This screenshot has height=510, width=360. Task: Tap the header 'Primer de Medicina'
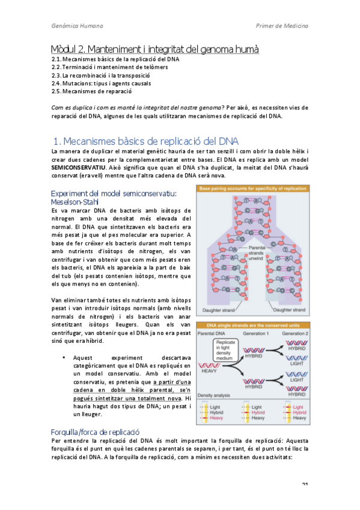[282, 26]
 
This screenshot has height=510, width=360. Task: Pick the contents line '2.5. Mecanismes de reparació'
[91, 91]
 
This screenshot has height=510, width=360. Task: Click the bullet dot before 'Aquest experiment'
[64, 357]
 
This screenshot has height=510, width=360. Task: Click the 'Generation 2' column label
[294, 333]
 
